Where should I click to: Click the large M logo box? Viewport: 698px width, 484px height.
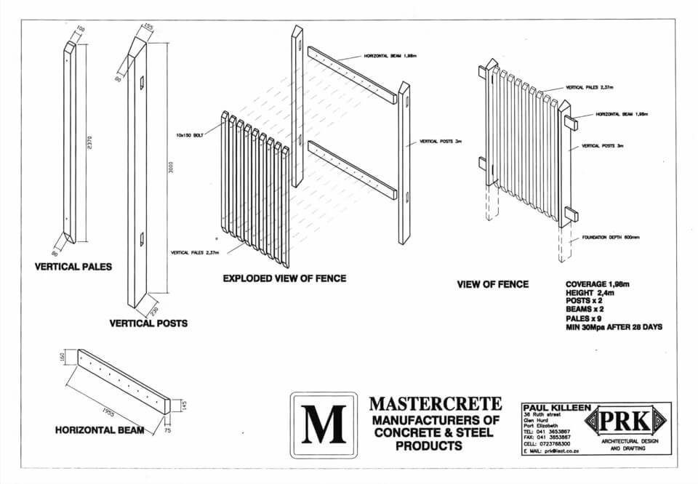pyautogui.click(x=324, y=425)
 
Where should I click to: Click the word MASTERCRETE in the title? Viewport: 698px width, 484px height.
pyautogui.click(x=435, y=403)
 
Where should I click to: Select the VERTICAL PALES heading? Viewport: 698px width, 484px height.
pyautogui.click(x=73, y=267)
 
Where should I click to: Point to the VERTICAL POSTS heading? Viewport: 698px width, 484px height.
pyautogui.click(x=148, y=323)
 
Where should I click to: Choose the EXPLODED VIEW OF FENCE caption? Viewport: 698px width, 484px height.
pyautogui.click(x=284, y=278)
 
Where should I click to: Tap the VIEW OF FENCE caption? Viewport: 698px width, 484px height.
pyautogui.click(x=492, y=284)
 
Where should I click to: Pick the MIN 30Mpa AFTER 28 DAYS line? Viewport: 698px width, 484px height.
pyautogui.click(x=614, y=328)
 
